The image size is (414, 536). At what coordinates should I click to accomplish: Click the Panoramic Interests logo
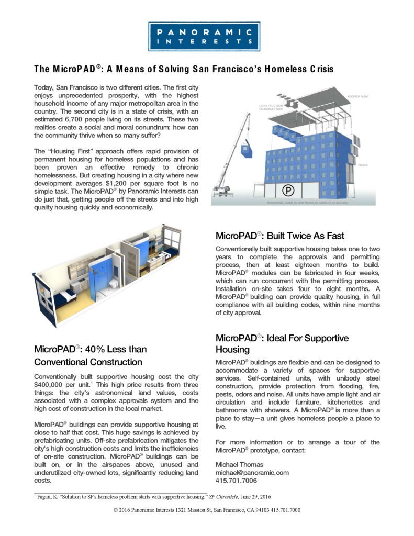[x=204, y=37]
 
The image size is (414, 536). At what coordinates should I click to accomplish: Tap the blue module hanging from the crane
[x=247, y=150]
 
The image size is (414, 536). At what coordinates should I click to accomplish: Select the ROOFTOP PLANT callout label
[x=358, y=97]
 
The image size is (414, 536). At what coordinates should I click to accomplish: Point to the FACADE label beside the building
[x=363, y=165]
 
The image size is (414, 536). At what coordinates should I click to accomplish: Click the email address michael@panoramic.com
[x=252, y=473]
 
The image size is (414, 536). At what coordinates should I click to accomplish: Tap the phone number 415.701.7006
[x=236, y=481]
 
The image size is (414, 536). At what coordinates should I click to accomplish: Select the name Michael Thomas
[x=239, y=465]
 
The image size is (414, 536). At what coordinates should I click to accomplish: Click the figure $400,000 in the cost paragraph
[x=48, y=385]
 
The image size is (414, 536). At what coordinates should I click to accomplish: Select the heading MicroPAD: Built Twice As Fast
[x=279, y=236]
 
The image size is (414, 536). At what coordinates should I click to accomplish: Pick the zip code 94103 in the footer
[x=263, y=510]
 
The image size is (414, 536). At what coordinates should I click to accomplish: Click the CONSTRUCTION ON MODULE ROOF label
[x=271, y=107]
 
